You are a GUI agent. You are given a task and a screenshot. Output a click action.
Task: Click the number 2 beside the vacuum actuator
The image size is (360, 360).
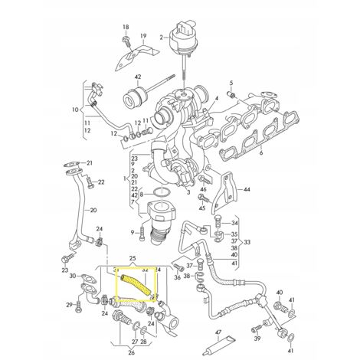coord(162,37)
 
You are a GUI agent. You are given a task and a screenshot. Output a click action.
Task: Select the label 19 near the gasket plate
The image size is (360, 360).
coord(143,36)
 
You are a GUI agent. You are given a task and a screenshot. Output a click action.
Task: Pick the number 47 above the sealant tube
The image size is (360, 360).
coord(218,312)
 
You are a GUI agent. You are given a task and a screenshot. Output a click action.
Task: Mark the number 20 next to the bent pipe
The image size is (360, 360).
coord(92,209)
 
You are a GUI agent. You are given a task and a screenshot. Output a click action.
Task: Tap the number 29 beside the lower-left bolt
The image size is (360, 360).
coord(67,306)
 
